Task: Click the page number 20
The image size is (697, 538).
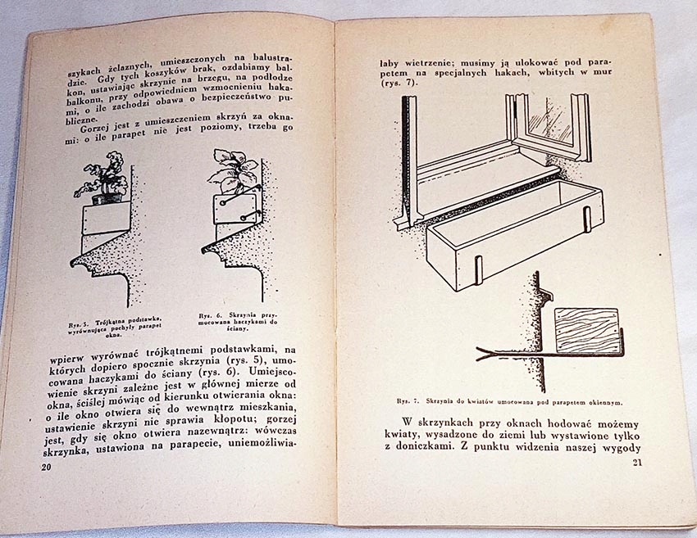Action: point(46,465)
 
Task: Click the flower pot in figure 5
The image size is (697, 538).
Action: point(105,198)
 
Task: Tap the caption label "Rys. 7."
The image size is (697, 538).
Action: point(408,402)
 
